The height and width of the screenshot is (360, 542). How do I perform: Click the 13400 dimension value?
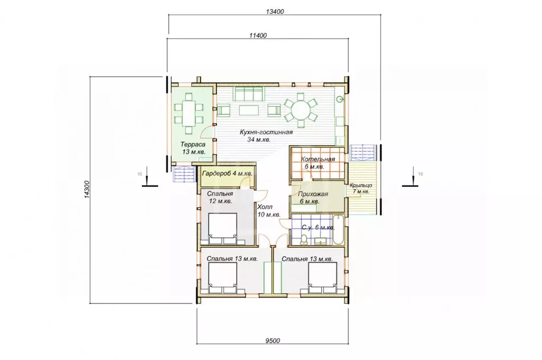(x=275, y=12)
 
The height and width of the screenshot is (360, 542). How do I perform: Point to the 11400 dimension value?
(x=258, y=35)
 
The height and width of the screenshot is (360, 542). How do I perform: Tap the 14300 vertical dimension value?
(x=87, y=190)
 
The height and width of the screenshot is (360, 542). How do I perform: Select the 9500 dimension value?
(x=273, y=341)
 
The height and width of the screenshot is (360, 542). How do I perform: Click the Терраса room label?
(x=193, y=145)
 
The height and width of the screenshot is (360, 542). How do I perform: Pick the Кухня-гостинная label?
(x=266, y=132)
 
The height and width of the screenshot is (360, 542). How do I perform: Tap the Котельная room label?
(x=318, y=159)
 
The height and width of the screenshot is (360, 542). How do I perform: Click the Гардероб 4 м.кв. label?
(x=227, y=173)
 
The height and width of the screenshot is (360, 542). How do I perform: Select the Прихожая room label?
(x=313, y=194)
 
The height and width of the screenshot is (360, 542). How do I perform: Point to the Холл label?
(x=265, y=207)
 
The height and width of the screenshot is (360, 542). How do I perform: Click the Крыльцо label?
(x=361, y=186)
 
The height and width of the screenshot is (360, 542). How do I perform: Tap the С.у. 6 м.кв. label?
(x=318, y=228)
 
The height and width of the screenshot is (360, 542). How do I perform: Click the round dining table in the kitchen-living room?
(x=301, y=110)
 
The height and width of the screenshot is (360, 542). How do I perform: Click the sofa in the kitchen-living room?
(x=248, y=94)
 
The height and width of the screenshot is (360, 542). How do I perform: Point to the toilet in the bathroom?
(x=304, y=239)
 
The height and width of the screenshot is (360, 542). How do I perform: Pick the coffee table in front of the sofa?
(x=248, y=110)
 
